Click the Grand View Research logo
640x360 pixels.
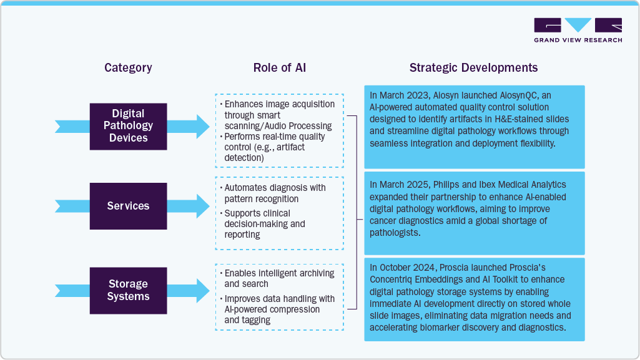pos(578,30)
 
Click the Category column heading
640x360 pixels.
pos(128,68)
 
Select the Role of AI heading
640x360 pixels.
pos(280,68)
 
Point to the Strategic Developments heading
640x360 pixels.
pos(473,68)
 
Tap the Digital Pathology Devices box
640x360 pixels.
pos(128,126)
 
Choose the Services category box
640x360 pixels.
pos(128,206)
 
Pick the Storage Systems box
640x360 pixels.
pos(128,291)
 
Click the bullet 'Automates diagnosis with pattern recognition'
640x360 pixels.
pos(275,193)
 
